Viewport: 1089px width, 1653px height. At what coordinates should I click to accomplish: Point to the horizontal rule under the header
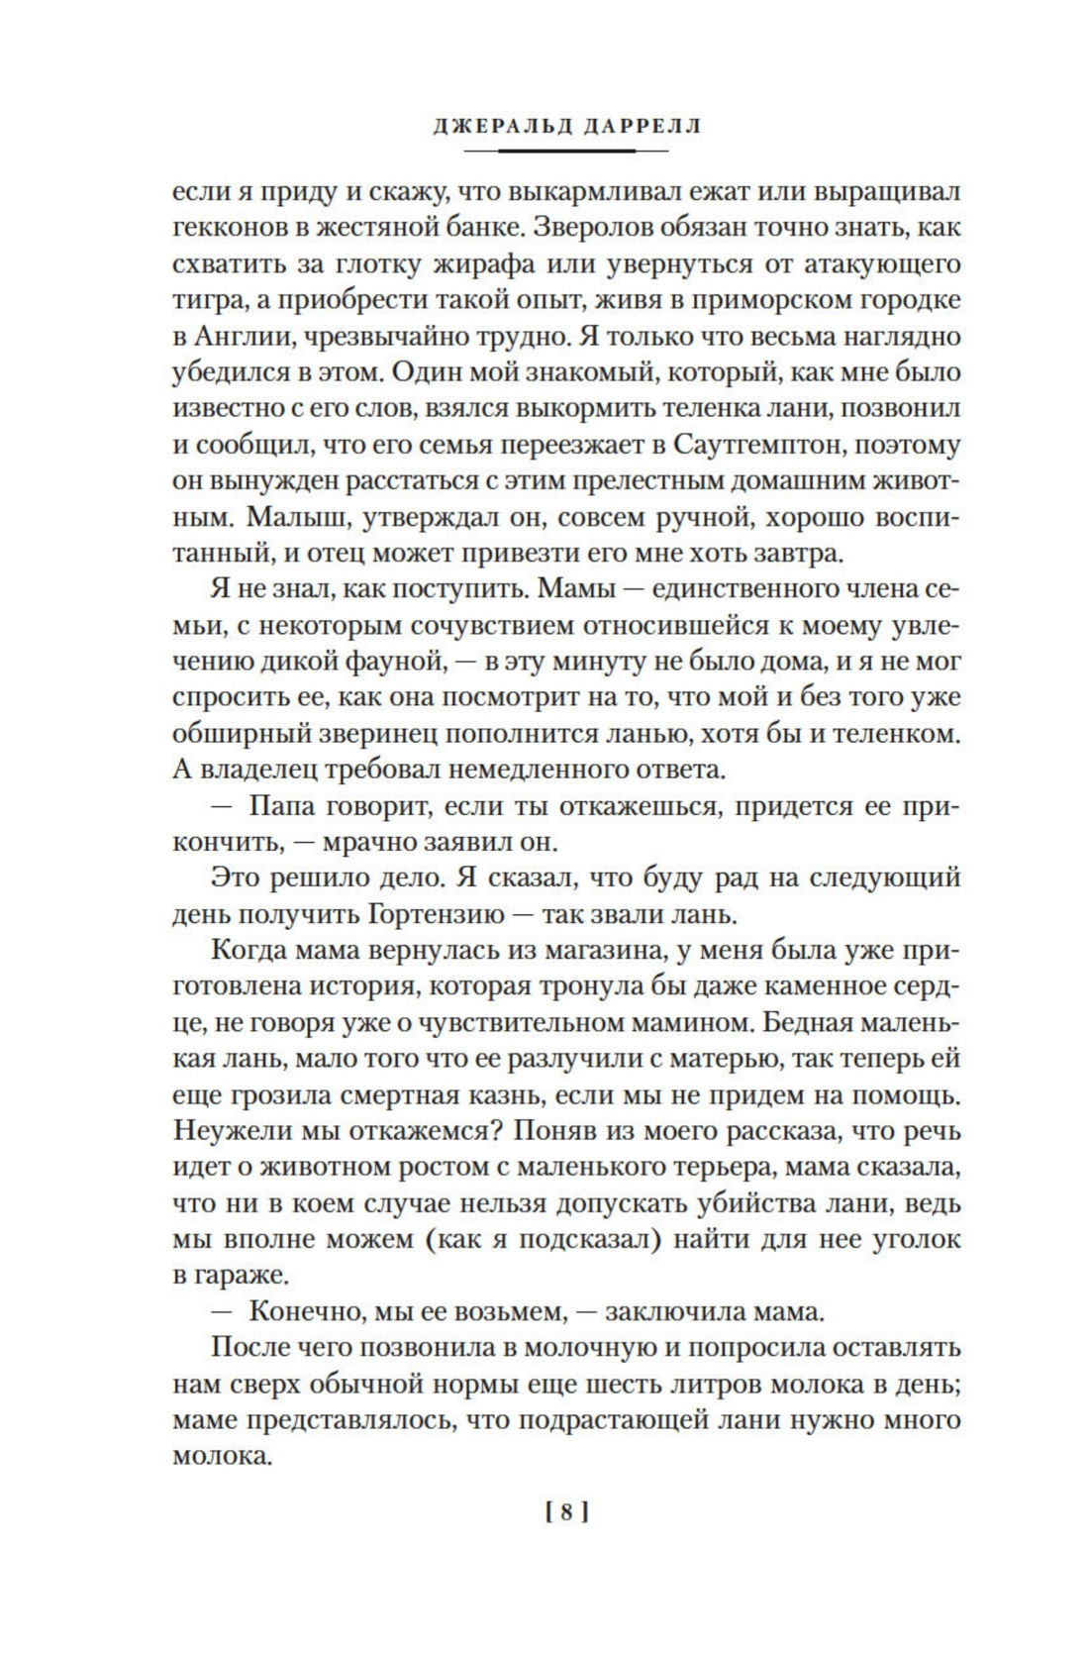click(x=565, y=152)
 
